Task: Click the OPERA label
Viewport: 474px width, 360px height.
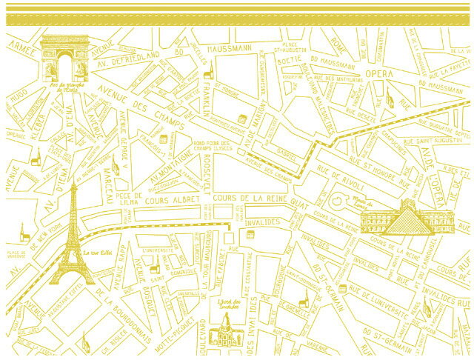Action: pos(379,74)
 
